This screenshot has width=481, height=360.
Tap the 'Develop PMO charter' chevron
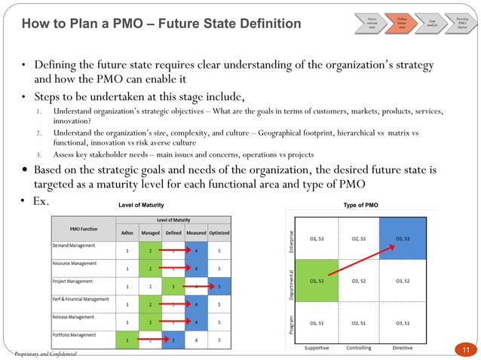pyautogui.click(x=461, y=23)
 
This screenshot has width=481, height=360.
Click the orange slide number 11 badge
pyautogui.click(x=465, y=348)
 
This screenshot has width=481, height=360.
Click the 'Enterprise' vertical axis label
pyautogui.click(x=291, y=239)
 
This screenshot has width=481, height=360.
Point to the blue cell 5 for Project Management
pyautogui.click(x=219, y=286)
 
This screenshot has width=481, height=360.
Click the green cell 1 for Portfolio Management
pyautogui.click(x=127, y=340)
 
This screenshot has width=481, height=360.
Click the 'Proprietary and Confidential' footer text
pyautogui.click(x=45, y=353)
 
